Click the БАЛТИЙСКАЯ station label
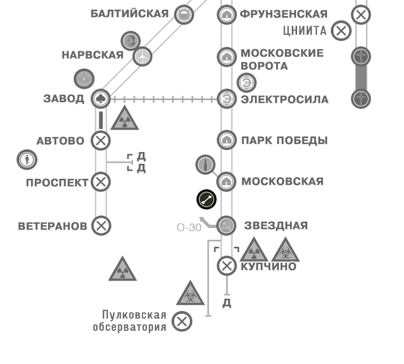pos(129,14)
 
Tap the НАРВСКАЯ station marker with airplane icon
pos(142,56)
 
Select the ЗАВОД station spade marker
pos(100,98)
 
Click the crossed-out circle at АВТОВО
pos(100,141)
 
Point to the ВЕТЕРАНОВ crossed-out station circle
pos(100,225)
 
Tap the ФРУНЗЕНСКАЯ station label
pos(283,14)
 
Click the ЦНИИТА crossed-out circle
pos(341,31)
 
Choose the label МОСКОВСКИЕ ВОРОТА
pos(282,59)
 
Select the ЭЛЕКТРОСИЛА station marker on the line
pos(227,99)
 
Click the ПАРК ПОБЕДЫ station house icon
pos(227,140)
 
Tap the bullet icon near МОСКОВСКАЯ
pos(206,165)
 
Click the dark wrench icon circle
pos(206,200)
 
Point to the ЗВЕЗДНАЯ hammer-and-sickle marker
pos(227,225)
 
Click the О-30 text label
pos(189,227)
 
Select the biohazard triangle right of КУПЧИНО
pos(285,251)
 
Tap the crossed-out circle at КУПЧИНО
pos(227,266)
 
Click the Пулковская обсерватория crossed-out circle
pos(182,321)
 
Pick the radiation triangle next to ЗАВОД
pos(125,119)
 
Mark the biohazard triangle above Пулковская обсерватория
pos(191,293)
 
